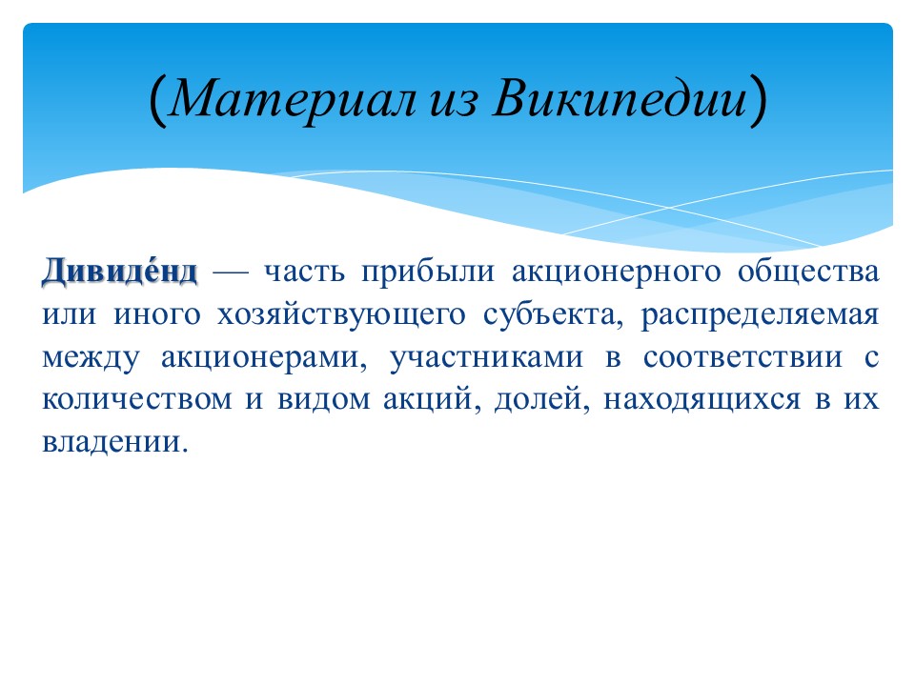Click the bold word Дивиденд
(120, 272)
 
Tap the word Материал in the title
(293, 98)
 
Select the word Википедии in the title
(620, 98)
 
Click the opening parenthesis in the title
(157, 100)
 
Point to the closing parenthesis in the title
(758, 100)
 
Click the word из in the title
(454, 102)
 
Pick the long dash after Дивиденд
(231, 272)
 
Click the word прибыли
(428, 272)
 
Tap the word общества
(808, 272)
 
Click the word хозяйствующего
(341, 315)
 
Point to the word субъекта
(553, 315)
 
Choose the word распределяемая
(760, 316)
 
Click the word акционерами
(264, 357)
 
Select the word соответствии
(743, 357)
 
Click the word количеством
(137, 400)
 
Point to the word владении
(115, 443)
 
